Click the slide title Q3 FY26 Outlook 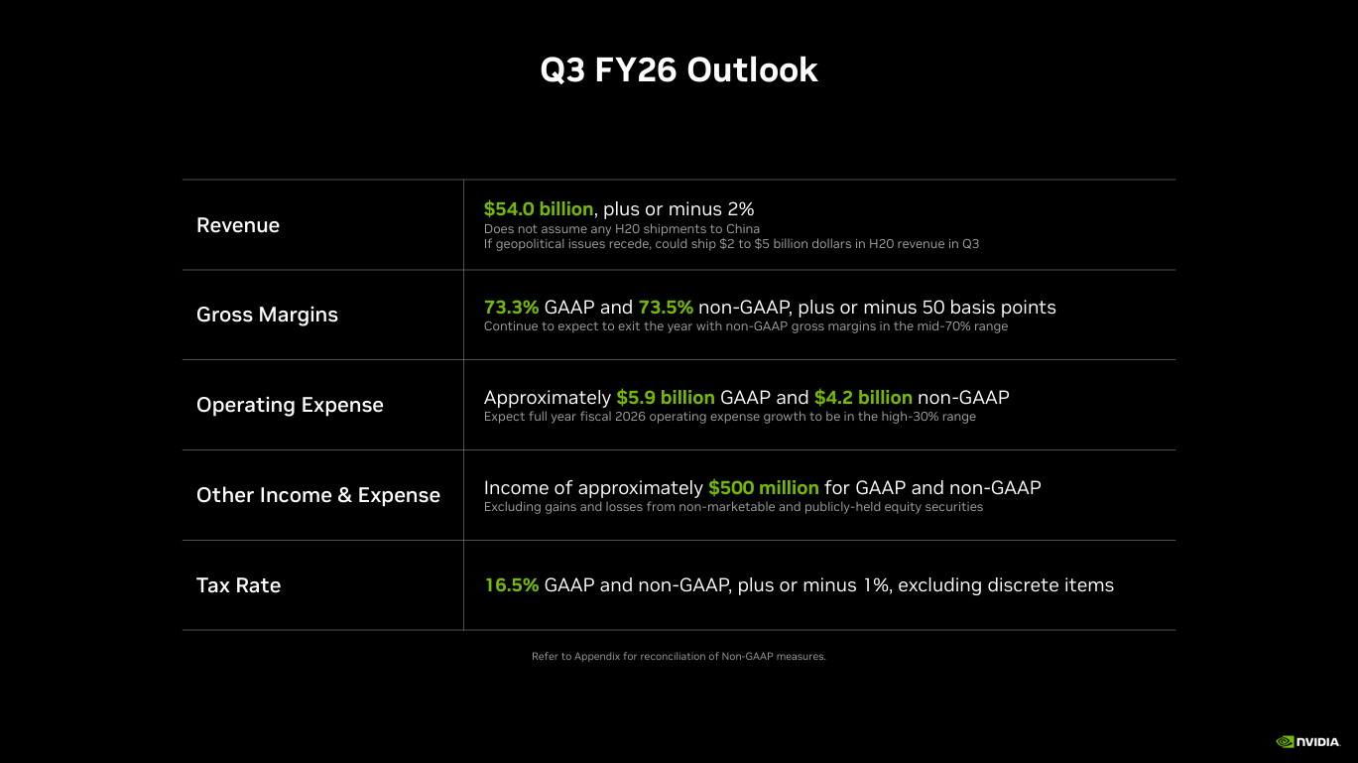[679, 70]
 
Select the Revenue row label [238, 225]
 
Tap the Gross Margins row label [267, 315]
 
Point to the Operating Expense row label [290, 405]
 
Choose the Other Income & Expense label [317, 495]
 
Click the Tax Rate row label [238, 585]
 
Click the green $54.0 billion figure [538, 208]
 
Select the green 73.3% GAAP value [511, 308]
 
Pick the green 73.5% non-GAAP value [665, 308]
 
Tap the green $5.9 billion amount [665, 398]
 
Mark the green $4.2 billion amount [863, 398]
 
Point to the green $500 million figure [763, 488]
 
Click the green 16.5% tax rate [511, 585]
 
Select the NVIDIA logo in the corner [1308, 741]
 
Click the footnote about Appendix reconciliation [679, 656]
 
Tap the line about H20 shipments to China [621, 229]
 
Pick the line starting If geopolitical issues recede [731, 244]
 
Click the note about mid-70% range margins [745, 326]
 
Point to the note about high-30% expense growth [729, 417]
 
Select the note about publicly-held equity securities [733, 507]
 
